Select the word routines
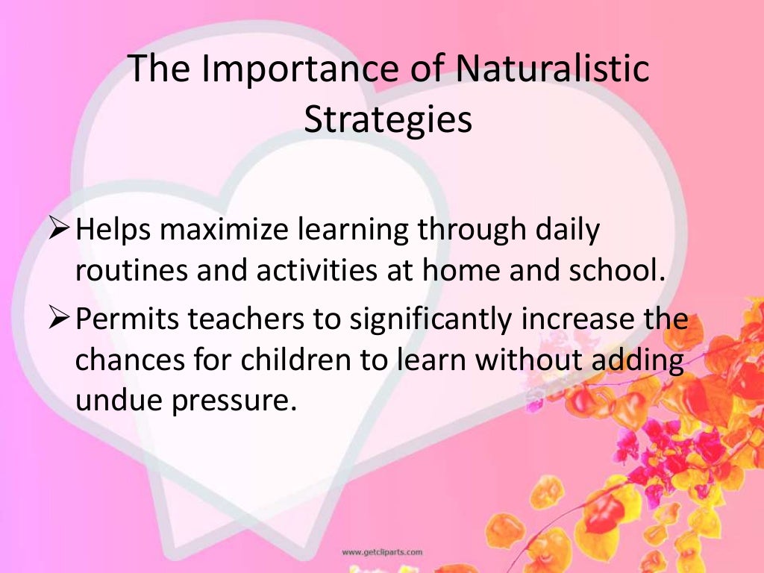coord(131,270)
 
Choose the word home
coord(463,270)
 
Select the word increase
coord(579,320)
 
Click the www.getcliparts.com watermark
coord(382,552)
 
